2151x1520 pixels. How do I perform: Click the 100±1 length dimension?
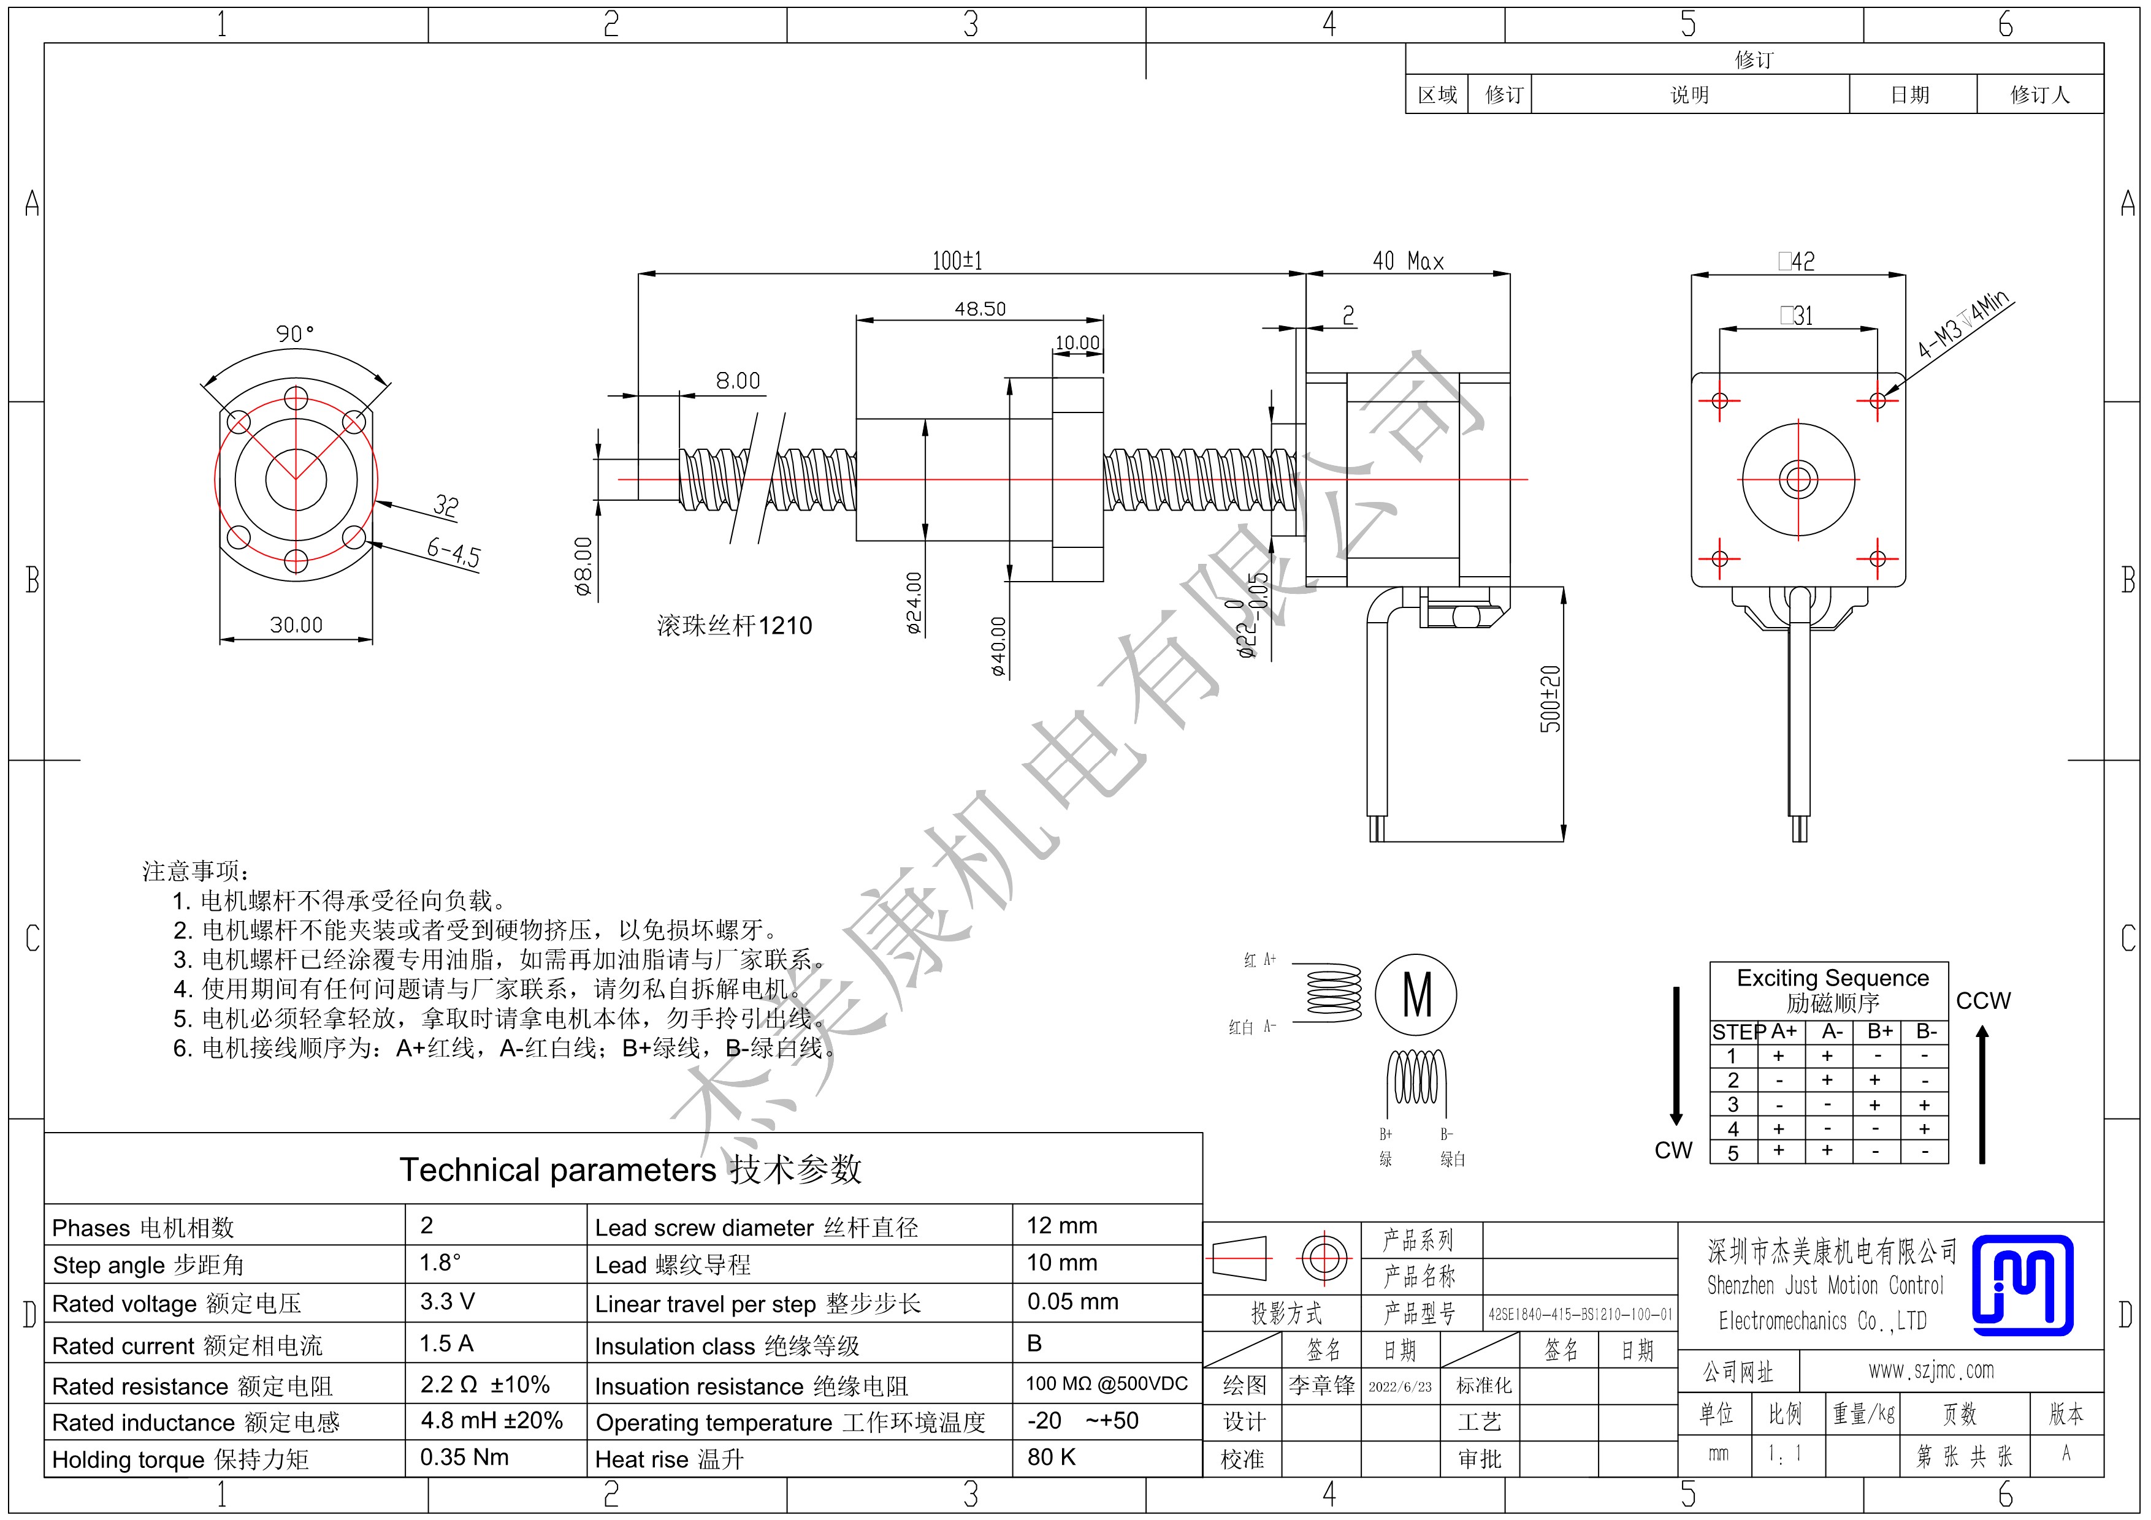click(957, 260)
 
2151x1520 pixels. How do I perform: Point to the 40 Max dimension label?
click(1408, 261)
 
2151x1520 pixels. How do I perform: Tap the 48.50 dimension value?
click(980, 308)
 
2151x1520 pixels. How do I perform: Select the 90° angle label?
click(295, 333)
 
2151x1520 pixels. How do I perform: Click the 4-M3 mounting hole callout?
click(1963, 324)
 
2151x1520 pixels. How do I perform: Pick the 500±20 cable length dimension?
click(1551, 699)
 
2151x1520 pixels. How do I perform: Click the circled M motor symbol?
click(1416, 995)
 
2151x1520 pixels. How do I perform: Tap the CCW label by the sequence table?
click(1984, 1000)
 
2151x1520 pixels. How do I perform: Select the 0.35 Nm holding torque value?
click(464, 1457)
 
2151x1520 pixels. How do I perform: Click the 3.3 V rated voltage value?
click(447, 1302)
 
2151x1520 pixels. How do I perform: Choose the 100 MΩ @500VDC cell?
click(1106, 1383)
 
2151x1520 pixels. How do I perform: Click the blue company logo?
click(2023, 1285)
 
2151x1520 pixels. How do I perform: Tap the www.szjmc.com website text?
click(1931, 1370)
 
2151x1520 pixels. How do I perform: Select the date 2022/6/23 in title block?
click(1400, 1386)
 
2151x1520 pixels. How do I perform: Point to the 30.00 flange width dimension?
click(296, 625)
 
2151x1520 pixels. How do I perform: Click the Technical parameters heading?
click(630, 1170)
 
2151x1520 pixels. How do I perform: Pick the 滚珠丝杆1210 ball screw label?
click(735, 626)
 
